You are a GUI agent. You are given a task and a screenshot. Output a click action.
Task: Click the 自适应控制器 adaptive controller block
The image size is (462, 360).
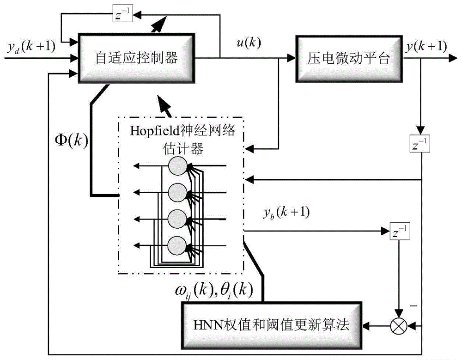(x=136, y=58)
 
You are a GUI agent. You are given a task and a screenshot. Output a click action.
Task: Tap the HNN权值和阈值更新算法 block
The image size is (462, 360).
(x=271, y=326)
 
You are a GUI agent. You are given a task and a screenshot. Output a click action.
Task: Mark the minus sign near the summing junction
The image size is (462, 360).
(x=413, y=306)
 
